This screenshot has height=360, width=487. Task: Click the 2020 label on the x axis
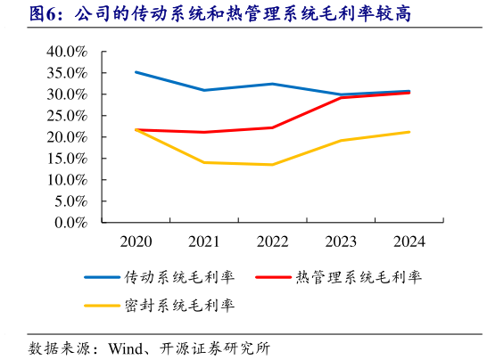point(136,241)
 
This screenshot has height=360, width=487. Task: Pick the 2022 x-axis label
point(272,241)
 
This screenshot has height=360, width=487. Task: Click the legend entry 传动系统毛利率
point(178,276)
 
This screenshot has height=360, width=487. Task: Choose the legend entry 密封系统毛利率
point(178,306)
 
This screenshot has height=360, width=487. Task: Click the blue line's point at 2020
point(136,72)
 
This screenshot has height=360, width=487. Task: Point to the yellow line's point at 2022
point(272,164)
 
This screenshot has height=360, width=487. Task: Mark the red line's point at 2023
point(341,97)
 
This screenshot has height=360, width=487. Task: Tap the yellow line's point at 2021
point(204,162)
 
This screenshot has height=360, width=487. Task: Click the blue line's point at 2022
point(272,84)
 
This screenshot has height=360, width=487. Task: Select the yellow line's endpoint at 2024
point(409,132)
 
